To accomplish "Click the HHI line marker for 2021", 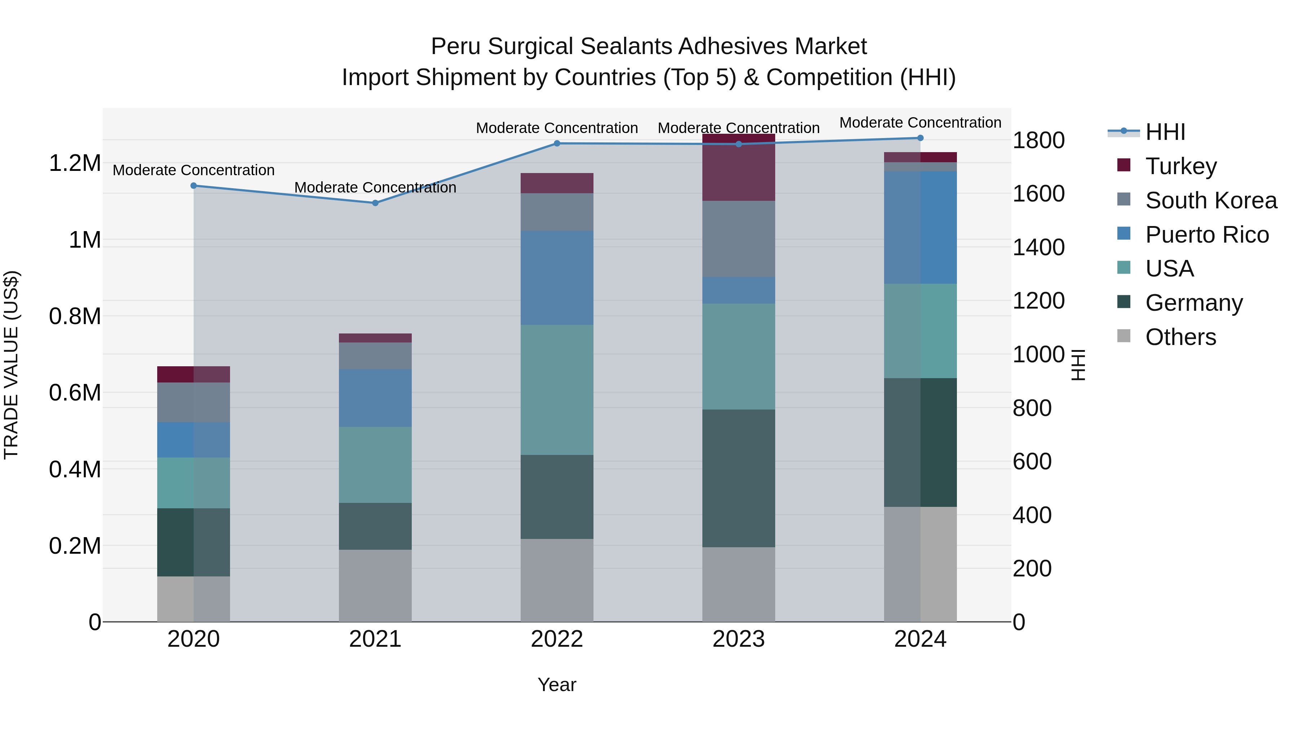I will pos(375,203).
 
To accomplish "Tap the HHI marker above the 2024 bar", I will pos(920,138).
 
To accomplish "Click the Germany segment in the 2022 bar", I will pos(557,497).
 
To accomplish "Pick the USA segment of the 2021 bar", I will pos(375,465).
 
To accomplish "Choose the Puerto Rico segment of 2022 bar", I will pos(557,278).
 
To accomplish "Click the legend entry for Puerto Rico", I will pos(1206,235).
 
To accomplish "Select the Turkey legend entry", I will pos(1180,166).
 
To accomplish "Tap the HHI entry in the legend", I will pos(1165,132).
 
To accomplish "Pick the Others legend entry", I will pos(1180,337).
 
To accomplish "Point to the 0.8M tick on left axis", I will pos(75,317).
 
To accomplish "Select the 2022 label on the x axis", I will pos(557,639).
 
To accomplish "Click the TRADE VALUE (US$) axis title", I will pos(11,365).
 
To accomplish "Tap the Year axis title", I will pos(557,685).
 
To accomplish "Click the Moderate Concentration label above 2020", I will pos(194,170).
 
